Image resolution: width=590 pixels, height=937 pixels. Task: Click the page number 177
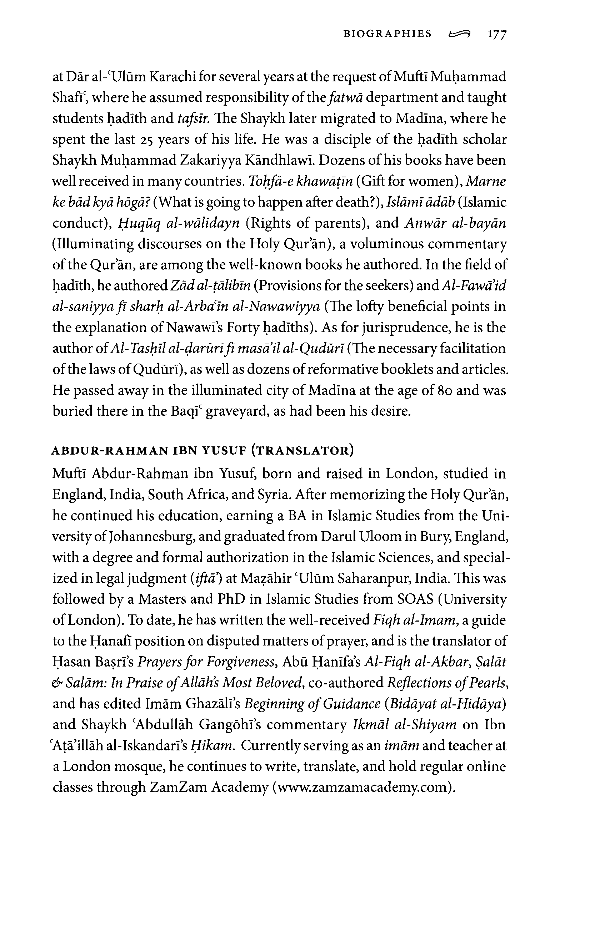click(x=496, y=35)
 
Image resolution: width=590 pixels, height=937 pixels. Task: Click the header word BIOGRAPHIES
click(x=387, y=34)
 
